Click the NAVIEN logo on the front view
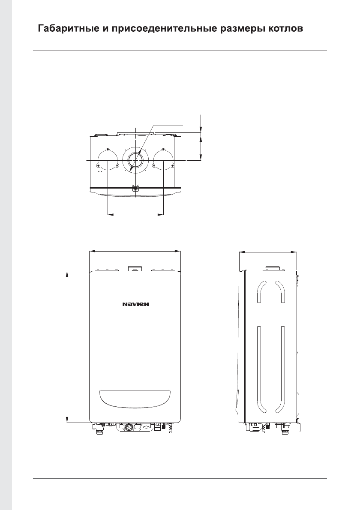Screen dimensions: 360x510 [x=135, y=304]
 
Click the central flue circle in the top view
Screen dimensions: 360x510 [x=135, y=160]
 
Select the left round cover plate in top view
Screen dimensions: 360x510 [x=107, y=160]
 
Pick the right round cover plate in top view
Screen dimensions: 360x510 [x=163, y=160]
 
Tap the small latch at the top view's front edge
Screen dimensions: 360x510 [x=135, y=188]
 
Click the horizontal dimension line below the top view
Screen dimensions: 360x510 [x=135, y=214]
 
